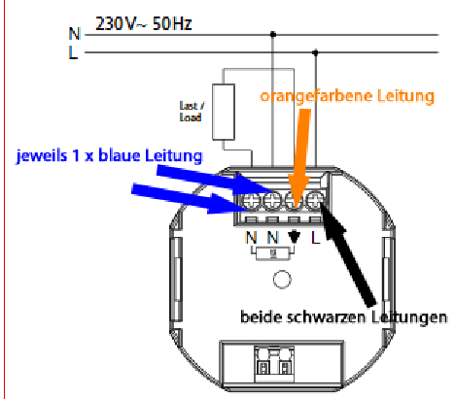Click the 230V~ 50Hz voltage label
click(144, 23)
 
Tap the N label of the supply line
click(75, 34)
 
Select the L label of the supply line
click(73, 52)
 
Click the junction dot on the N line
click(273, 34)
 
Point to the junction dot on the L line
click(315, 52)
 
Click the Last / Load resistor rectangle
click(224, 112)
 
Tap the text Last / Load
click(192, 112)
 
